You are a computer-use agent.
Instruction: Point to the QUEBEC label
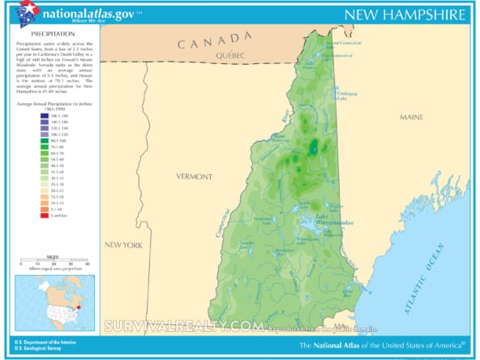coord(231,54)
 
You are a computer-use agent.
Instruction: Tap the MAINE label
coord(411,118)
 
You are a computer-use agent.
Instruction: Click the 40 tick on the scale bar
coord(87,264)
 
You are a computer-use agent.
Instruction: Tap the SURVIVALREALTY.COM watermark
coord(183,327)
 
